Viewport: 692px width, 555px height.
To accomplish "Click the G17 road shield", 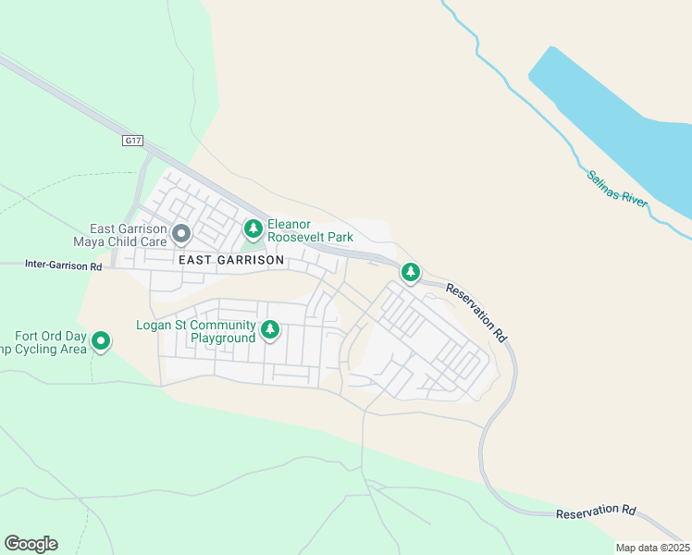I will point(133,141).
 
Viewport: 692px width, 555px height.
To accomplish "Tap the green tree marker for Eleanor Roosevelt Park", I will point(253,228).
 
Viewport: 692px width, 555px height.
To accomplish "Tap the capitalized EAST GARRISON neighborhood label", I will point(230,261).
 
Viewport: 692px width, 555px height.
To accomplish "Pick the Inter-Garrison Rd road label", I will point(64,265).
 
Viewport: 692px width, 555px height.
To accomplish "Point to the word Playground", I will point(223,339).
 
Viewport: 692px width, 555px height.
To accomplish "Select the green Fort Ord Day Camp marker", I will point(101,342).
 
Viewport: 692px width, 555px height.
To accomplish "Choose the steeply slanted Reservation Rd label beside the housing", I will point(477,314).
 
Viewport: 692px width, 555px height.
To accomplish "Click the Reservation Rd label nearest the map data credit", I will point(597,512).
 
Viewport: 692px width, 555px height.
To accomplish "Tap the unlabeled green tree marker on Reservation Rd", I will point(410,272).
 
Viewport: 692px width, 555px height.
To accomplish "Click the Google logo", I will point(31,544).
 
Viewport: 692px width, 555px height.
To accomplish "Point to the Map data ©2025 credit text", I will point(652,548).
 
